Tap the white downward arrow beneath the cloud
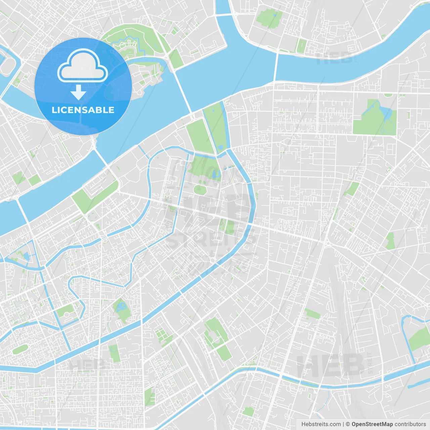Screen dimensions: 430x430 pyautogui.click(x=78, y=92)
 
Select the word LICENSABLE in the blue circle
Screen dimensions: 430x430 pyautogui.click(x=83, y=110)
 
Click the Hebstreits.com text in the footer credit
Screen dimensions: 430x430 pyautogui.click(x=321, y=424)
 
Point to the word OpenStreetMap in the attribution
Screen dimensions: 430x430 pyautogui.click(x=372, y=424)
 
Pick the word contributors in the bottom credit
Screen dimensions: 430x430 pyautogui.click(x=410, y=424)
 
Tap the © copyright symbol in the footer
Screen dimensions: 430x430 pyautogui.click(x=348, y=424)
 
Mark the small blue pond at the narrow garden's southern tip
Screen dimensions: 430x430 pyautogui.click(x=220, y=147)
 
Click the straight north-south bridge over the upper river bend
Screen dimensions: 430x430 pyautogui.click(x=276, y=67)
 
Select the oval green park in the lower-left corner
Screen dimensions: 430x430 pyautogui.click(x=19, y=349)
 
